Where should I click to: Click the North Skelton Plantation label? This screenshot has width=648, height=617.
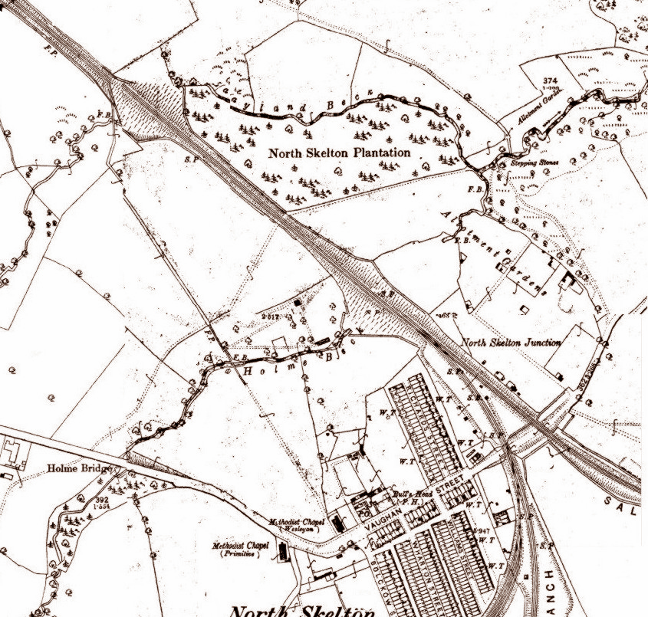pos(339,153)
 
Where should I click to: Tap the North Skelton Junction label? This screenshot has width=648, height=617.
pos(511,343)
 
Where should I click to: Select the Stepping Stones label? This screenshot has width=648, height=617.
pos(535,163)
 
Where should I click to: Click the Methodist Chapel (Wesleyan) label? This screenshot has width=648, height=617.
pos(298,524)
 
